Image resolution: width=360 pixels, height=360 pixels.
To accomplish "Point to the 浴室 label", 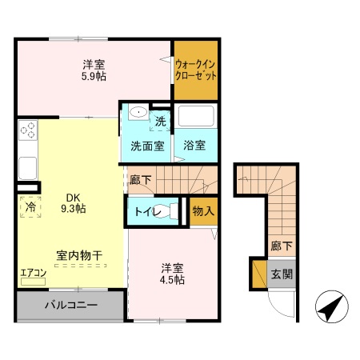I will coord(195,146).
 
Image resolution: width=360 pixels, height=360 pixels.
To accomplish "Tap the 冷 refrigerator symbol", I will coord(29,205).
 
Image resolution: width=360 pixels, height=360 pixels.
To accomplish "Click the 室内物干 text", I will coord(78,255).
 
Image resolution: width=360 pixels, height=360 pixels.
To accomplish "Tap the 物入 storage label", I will coord(203,211).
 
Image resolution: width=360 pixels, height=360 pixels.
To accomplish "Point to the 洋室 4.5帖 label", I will coord(170,274).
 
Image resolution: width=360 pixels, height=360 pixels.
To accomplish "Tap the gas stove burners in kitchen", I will coord(28,131).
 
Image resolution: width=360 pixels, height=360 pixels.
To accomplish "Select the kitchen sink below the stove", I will coord(26,168).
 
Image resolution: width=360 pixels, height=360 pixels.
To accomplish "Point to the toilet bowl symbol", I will coord(166,212).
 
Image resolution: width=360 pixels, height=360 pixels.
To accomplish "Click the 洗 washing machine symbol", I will coord(161,122).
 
